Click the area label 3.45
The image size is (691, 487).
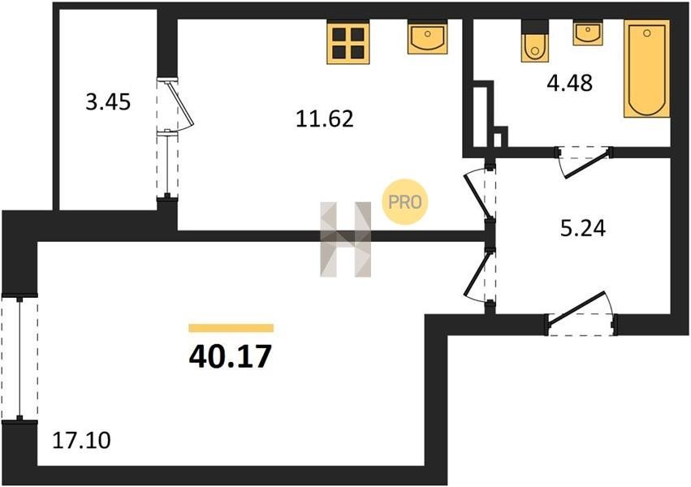108,102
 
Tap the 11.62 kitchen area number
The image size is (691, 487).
325,119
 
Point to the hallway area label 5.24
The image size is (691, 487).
582,229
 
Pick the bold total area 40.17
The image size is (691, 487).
230,357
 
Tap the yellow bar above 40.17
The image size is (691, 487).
231,328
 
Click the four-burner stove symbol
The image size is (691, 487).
348,41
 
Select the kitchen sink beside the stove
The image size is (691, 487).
426,39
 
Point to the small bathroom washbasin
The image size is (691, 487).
587,33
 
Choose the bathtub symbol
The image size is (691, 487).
646,70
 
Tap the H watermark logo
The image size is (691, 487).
345,239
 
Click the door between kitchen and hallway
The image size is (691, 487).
478,192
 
